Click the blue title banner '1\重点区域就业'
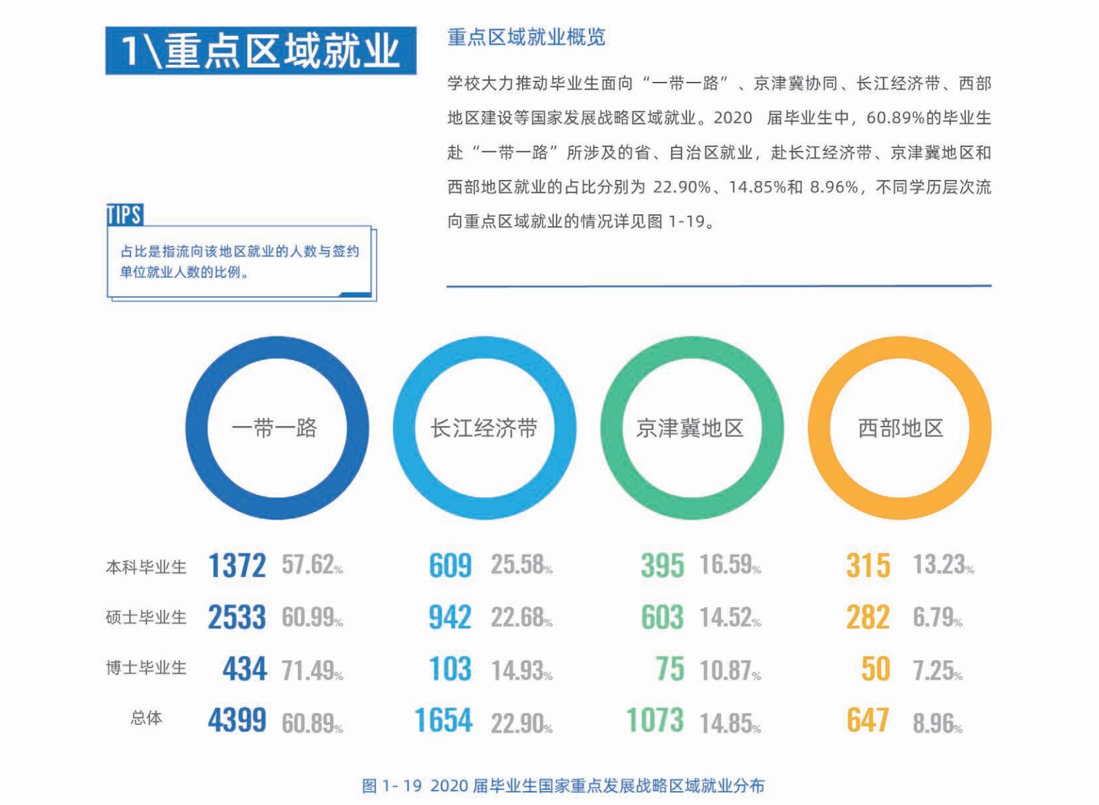point(261,50)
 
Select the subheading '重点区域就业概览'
point(526,37)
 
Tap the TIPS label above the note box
point(125,215)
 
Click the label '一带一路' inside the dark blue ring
point(274,428)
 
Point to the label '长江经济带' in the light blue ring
point(484,428)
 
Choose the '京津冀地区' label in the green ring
point(690,428)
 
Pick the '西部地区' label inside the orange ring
point(900,428)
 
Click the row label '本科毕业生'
point(146,567)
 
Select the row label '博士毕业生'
point(146,668)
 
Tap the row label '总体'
point(146,718)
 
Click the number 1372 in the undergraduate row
point(236,566)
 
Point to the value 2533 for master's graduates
point(236,618)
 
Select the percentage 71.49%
point(312,669)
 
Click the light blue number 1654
point(443,721)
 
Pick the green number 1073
point(655,721)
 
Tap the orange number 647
point(867,721)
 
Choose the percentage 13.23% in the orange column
point(943,565)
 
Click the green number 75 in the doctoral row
point(669,669)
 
